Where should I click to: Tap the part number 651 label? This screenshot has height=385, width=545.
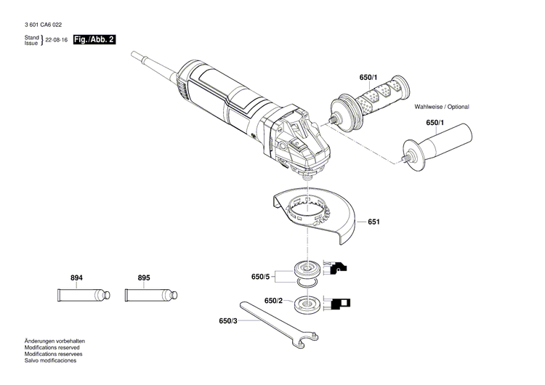click(x=374, y=222)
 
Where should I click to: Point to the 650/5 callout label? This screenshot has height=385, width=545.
click(x=260, y=277)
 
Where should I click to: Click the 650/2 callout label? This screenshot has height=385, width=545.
click(x=273, y=301)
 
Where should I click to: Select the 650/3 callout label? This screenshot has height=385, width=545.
click(x=227, y=320)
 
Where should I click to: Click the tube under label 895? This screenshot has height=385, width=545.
click(x=150, y=296)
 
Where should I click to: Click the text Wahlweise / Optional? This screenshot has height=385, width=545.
click(x=442, y=107)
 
